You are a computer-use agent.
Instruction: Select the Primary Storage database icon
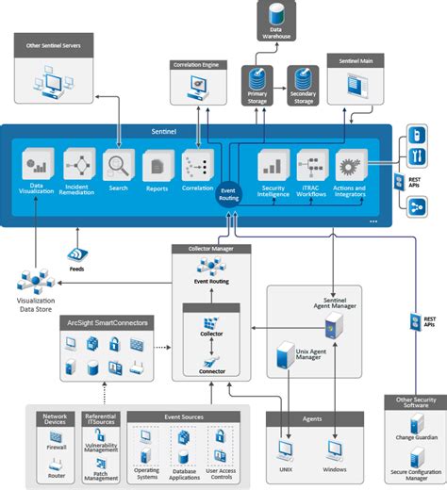pos(257,77)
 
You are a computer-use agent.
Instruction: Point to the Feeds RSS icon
pos(78,254)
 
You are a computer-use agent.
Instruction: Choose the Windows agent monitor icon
pos(334,449)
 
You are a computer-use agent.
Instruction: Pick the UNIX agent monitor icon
pos(286,449)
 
